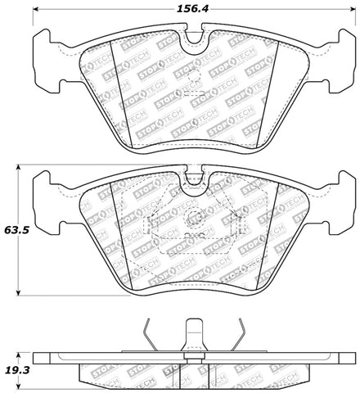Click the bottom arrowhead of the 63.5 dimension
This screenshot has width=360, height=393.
18,293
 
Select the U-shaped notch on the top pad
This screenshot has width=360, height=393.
194,40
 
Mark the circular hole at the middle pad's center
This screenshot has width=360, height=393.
194,219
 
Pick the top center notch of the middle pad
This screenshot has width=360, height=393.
194,175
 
